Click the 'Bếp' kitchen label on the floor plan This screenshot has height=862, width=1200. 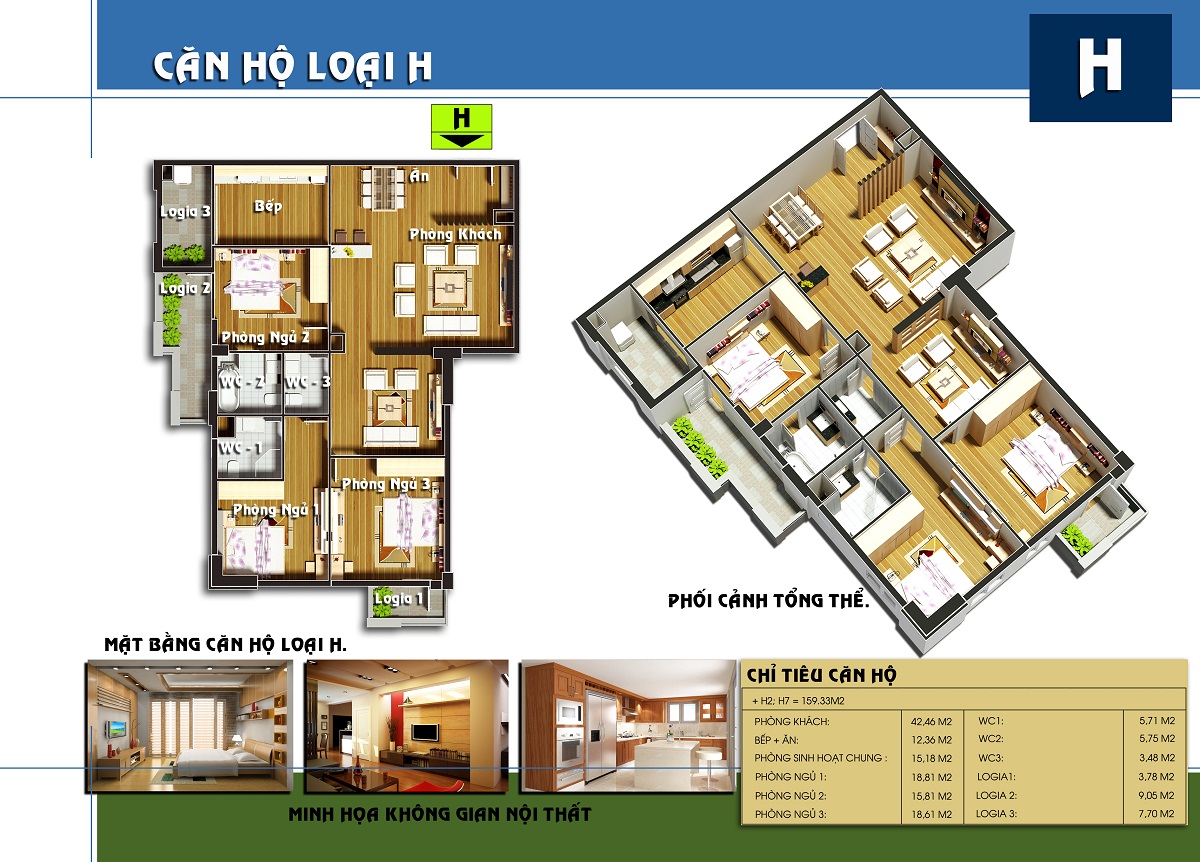coord(268,206)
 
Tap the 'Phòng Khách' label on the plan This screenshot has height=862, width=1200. coord(455,234)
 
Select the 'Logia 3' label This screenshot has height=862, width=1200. coord(185,212)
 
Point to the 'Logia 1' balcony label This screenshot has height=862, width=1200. coord(399,598)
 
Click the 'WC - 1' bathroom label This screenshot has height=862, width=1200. coord(241,448)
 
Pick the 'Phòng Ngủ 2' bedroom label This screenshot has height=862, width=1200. coord(266,337)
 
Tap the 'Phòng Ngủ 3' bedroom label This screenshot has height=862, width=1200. coord(386,484)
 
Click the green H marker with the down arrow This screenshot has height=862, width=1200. coord(461,126)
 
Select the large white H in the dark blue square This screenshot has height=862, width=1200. coord(1100,68)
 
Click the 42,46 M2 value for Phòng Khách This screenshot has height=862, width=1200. coord(932,722)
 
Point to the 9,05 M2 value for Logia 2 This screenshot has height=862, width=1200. coord(1156,796)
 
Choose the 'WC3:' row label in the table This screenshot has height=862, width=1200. coord(991,758)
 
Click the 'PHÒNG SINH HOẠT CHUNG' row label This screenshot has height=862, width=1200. coord(820,758)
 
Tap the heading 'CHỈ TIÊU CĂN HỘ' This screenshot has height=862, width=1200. coord(821,676)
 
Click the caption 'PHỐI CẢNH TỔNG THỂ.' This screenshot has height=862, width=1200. coord(768,601)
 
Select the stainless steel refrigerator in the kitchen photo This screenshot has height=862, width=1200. coord(600,736)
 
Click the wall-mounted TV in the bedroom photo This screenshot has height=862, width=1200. coord(115,729)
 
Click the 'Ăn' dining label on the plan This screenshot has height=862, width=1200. coord(419,176)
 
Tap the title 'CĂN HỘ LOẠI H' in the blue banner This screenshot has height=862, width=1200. coord(292,66)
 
